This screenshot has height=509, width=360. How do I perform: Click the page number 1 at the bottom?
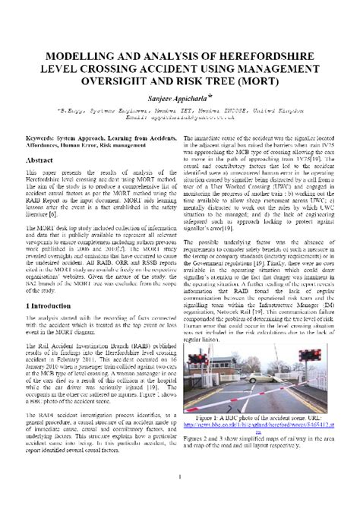pyautogui.click(x=179, y=476)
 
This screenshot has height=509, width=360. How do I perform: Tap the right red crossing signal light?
pyautogui.click(x=311, y=354)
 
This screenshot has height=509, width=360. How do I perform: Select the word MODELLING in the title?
pyautogui.click(x=88, y=58)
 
